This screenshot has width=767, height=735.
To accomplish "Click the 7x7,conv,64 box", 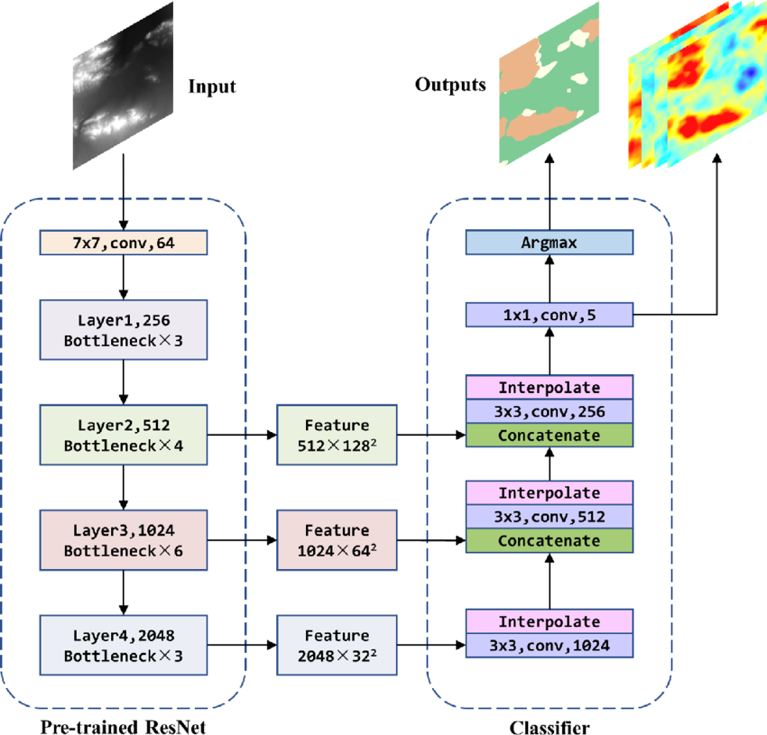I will click(x=124, y=243).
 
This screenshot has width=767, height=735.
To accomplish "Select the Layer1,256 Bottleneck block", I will click(x=124, y=329).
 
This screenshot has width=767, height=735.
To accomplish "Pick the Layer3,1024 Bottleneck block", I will click(x=124, y=539).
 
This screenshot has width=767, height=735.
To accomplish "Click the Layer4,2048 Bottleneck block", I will click(x=124, y=645).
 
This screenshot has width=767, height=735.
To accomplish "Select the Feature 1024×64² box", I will click(x=337, y=539).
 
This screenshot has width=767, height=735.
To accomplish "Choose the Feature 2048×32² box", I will click(x=337, y=645).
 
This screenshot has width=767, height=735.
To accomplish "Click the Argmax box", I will click(x=549, y=243).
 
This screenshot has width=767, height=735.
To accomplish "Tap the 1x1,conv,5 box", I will click(x=549, y=315).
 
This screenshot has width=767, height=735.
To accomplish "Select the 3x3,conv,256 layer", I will click(x=549, y=411).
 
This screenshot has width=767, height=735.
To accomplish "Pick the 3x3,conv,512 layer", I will click(x=549, y=517).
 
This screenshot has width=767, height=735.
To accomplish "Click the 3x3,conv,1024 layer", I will click(x=549, y=645).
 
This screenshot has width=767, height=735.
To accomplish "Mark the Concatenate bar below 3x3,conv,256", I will click(x=549, y=435).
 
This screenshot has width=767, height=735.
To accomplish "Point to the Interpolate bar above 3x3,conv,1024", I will click(x=549, y=621).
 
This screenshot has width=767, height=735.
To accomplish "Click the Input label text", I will click(x=211, y=87).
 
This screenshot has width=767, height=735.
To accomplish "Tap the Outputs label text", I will click(x=450, y=85).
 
